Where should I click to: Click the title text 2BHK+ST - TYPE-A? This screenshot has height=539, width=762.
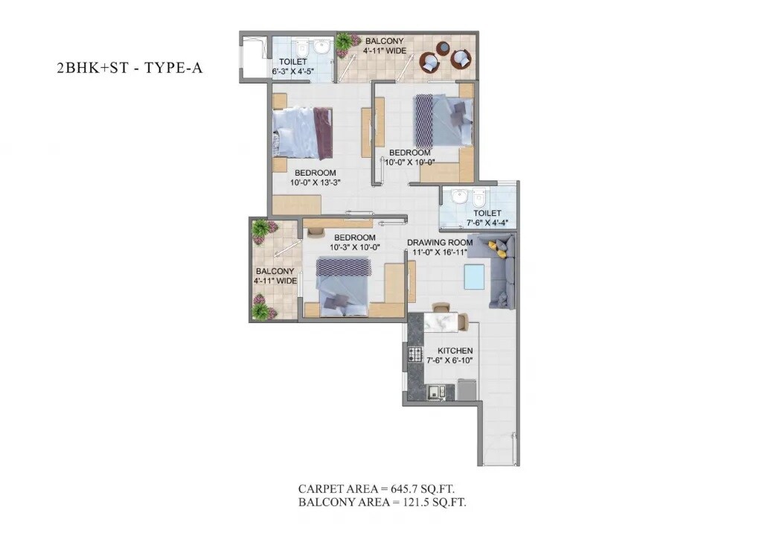coord(129,68)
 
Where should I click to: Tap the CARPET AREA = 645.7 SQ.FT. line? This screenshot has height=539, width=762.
coord(377,489)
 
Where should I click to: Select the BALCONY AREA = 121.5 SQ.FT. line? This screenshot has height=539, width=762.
coord(382,503)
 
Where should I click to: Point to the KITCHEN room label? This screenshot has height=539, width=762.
coord(455,351)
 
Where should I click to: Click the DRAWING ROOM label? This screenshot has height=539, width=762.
coord(440,243)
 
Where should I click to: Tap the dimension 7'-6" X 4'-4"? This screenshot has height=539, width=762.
coord(484,222)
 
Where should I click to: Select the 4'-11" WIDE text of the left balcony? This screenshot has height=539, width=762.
coord(275,281)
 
